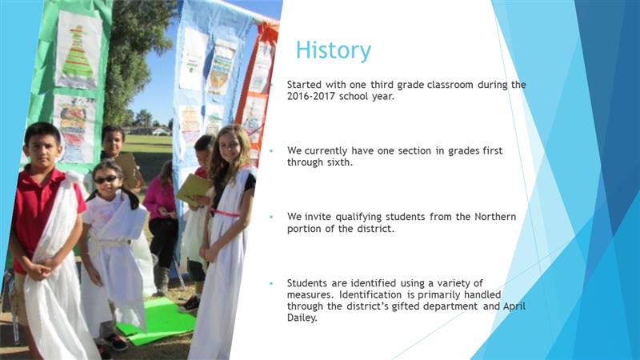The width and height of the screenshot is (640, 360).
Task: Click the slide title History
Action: point(334,50)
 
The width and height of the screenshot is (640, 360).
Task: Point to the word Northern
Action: point(495,217)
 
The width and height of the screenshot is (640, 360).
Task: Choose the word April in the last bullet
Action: point(514,307)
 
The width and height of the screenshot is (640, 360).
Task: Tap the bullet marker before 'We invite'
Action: point(271,217)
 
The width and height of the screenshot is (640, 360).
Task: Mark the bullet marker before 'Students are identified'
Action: point(271,283)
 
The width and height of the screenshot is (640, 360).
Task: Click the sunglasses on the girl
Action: point(106,179)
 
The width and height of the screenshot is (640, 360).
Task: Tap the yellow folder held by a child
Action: point(193,190)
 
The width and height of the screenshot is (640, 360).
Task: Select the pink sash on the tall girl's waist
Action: point(226,213)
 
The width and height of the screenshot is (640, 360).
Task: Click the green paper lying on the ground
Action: point(156,321)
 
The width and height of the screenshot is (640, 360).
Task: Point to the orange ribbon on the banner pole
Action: point(268,33)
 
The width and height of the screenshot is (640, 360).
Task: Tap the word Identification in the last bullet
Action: point(370,294)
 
